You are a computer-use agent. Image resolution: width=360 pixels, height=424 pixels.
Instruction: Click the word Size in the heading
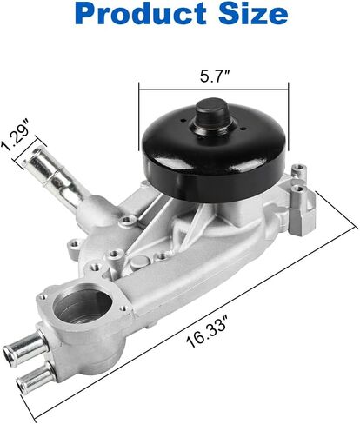(x=253, y=14)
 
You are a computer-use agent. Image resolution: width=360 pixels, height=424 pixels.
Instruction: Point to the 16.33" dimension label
(x=206, y=334)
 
